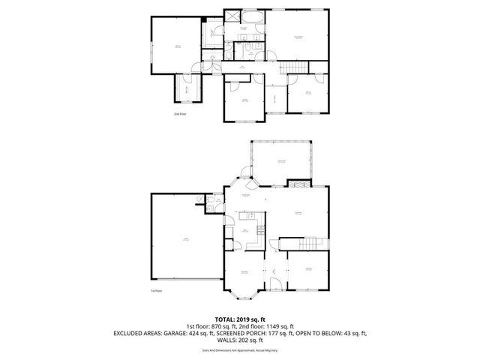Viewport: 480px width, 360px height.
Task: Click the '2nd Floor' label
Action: [179, 114]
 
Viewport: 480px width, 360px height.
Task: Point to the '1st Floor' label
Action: [157, 290]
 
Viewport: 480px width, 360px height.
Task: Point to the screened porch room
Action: [282, 160]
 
